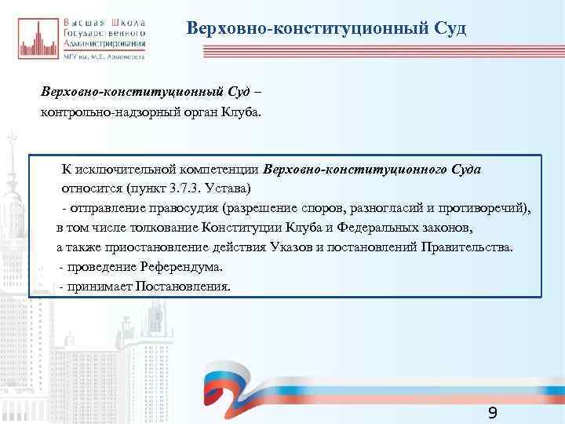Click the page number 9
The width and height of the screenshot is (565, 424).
coord(492,413)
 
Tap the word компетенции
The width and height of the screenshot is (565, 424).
coord(222,170)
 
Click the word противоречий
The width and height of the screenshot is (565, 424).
coord(483,209)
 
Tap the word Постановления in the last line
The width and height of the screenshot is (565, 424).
coord(184,287)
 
